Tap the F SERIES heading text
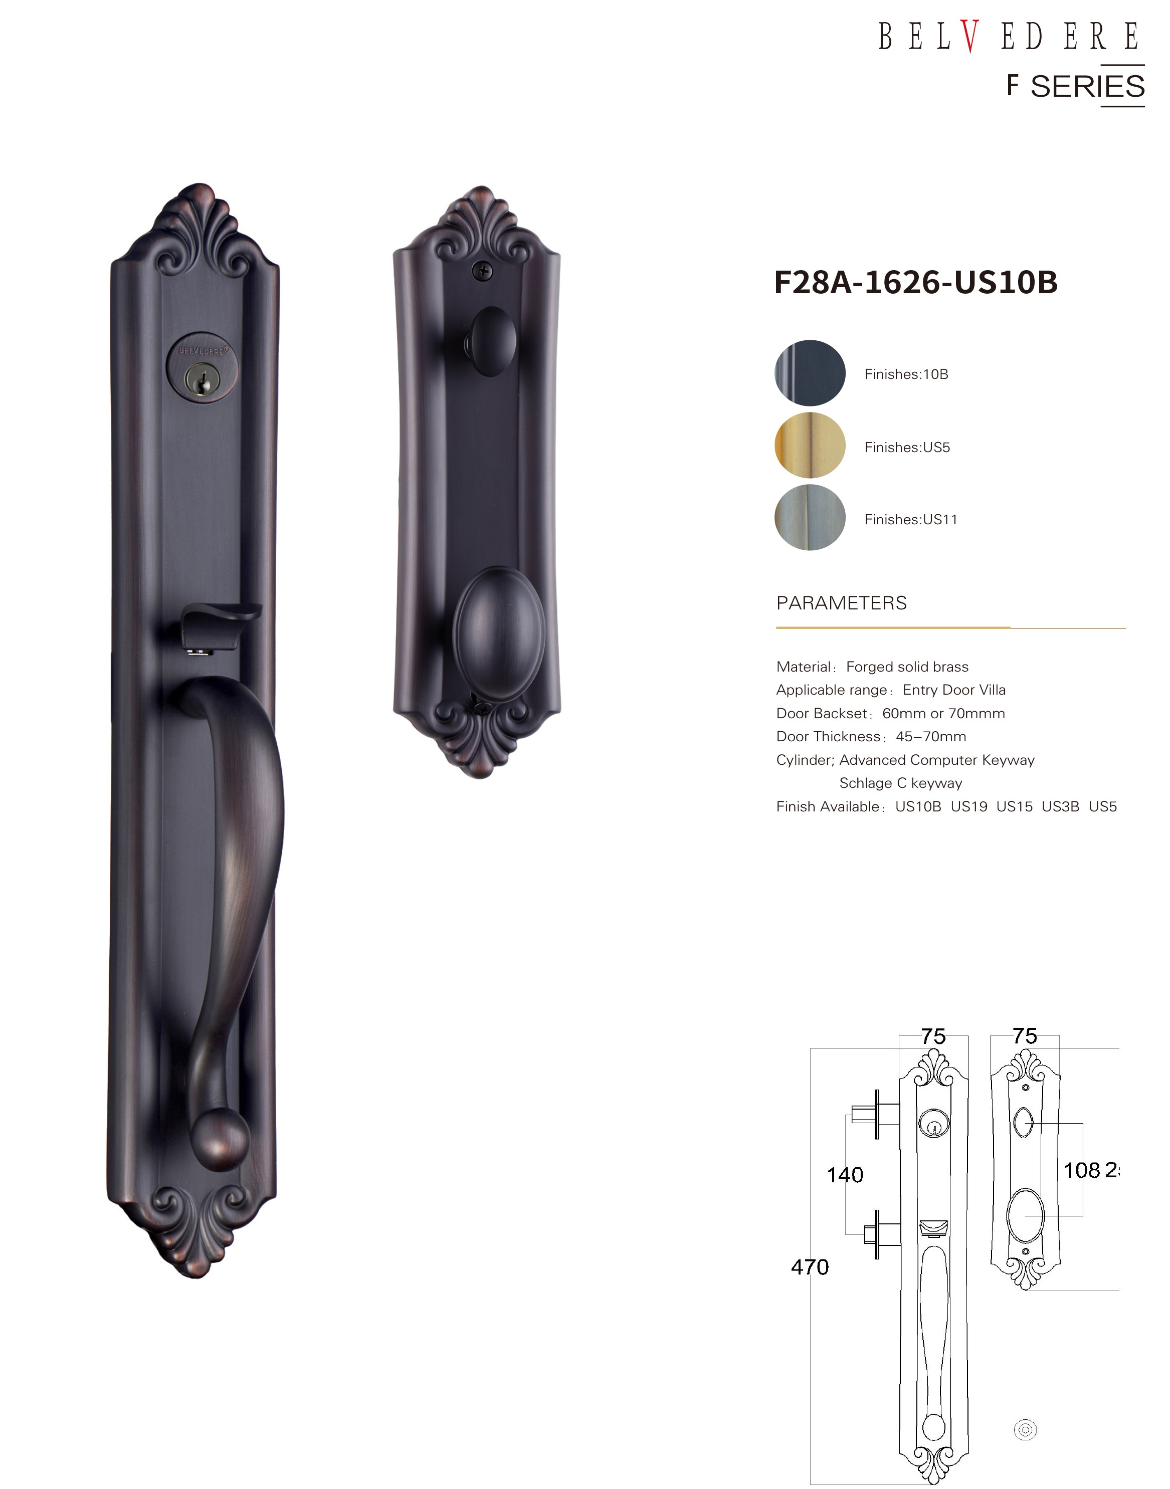tap(1075, 86)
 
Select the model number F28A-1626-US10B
tap(916, 282)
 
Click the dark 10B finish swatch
tap(810, 373)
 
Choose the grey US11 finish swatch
tap(810, 518)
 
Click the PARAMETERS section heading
tap(841, 603)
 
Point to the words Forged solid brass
tap(907, 667)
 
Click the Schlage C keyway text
tap(901, 783)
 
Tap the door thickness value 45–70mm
tap(931, 736)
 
